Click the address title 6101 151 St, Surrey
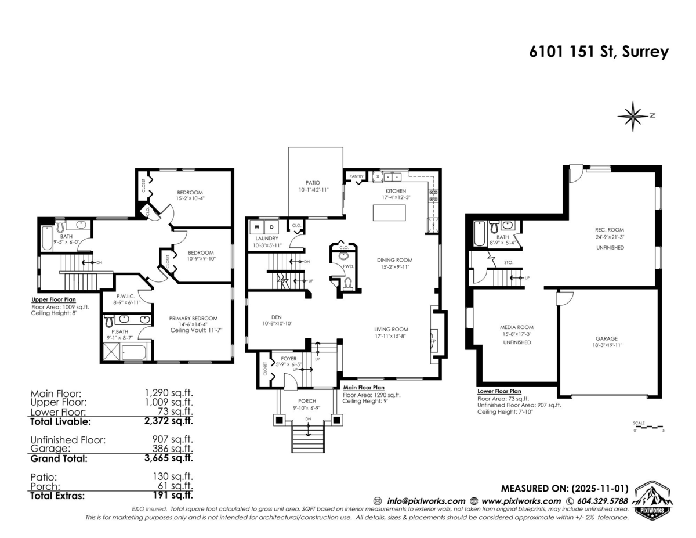[x=599, y=52]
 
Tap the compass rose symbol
[x=633, y=116]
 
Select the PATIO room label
[x=313, y=183]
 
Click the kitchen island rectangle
[x=389, y=213]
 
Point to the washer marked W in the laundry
[x=257, y=228]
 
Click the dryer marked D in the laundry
[x=271, y=228]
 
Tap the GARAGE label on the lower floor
[x=607, y=338]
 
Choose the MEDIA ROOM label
[x=517, y=327]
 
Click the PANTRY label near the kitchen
[x=356, y=176]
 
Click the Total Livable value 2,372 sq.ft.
[x=169, y=421]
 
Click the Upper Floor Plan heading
[x=53, y=299]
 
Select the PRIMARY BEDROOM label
[x=193, y=318]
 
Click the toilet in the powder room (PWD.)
[x=347, y=284]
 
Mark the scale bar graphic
[x=648, y=427]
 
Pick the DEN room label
[x=277, y=317]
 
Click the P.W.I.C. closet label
[x=126, y=297]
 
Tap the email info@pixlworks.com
[x=426, y=501]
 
